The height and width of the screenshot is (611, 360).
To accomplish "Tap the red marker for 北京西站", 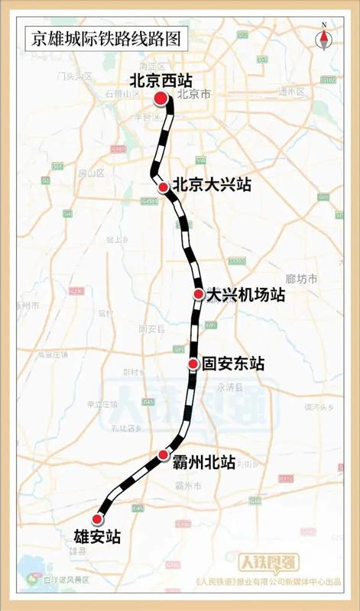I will [x=161, y=98].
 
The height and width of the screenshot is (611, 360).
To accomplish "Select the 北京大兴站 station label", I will [x=211, y=185].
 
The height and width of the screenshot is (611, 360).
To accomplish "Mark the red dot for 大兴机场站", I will [x=198, y=294].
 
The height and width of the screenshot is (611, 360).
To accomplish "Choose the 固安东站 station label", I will [x=233, y=364].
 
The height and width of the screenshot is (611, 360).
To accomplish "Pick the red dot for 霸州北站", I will [x=163, y=456].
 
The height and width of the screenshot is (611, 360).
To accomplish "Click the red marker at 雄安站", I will [x=97, y=519].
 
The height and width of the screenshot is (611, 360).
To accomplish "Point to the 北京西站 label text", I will [x=160, y=79].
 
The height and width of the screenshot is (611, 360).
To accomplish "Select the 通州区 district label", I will [x=292, y=92].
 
